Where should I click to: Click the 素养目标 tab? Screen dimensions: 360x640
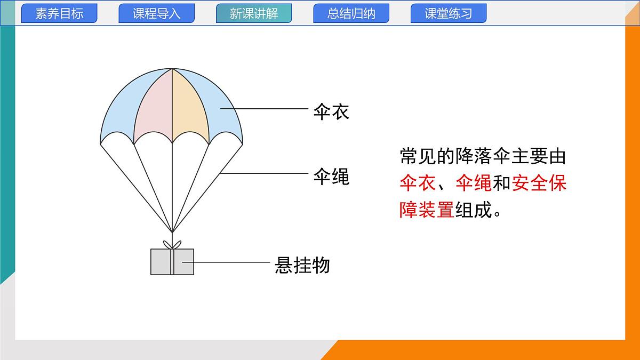click(59, 13)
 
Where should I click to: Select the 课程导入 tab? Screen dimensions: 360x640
click(156, 13)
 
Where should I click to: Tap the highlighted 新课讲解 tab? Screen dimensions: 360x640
click(254, 13)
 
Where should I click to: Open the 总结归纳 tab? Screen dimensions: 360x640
click(351, 13)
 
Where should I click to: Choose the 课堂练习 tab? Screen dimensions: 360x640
click(449, 13)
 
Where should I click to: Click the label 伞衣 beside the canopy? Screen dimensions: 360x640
click(331, 112)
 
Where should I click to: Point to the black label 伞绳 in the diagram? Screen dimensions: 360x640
click(331, 177)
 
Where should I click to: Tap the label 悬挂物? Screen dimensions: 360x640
click(302, 265)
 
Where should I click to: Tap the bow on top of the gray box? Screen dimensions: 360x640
click(172, 244)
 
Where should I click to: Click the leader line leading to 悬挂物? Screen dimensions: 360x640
click(229, 262)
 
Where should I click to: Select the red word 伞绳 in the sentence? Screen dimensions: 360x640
click(474, 183)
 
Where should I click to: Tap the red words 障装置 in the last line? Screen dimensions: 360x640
click(427, 210)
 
